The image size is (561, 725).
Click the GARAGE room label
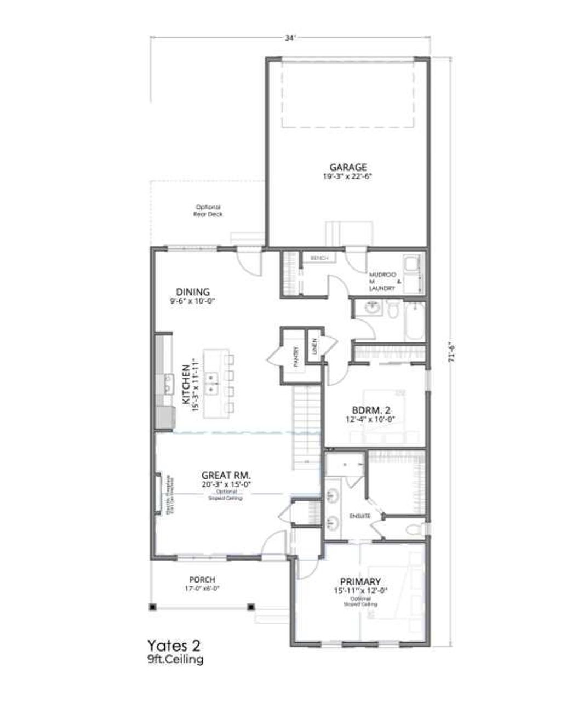click(x=347, y=168)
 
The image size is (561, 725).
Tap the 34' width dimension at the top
click(x=290, y=38)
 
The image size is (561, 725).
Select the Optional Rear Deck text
click(x=208, y=210)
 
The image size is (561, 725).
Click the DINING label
click(x=192, y=292)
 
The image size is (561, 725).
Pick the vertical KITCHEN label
click(x=186, y=384)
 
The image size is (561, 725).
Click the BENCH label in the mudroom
click(x=319, y=258)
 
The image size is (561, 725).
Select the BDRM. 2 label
click(x=370, y=410)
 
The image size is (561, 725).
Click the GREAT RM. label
click(x=226, y=475)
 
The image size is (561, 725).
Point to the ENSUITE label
click(x=360, y=516)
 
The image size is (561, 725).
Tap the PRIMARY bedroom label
click(x=360, y=581)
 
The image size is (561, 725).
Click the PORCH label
click(x=202, y=579)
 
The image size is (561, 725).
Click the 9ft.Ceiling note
click(x=171, y=659)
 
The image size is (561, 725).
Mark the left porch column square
click(x=152, y=607)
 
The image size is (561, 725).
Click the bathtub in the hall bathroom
click(x=414, y=321)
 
